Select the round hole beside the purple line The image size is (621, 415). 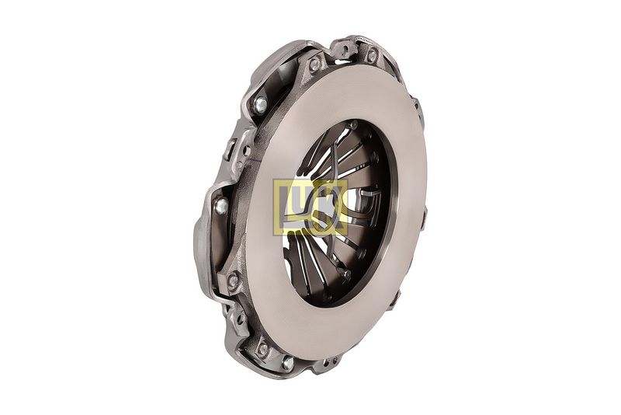[246, 150]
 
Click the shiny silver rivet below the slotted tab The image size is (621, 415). [222, 205]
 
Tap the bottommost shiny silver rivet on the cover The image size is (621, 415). [288, 362]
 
